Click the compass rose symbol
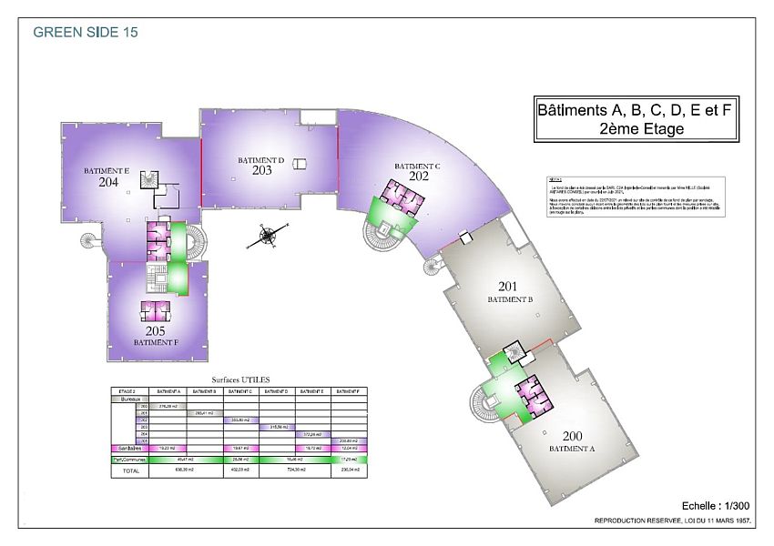(x=269, y=237)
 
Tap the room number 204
(x=108, y=182)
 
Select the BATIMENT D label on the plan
(x=261, y=160)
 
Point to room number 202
(x=419, y=177)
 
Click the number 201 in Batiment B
(x=507, y=287)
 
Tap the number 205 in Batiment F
(x=155, y=331)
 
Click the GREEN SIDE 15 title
(x=86, y=32)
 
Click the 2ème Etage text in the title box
(x=636, y=129)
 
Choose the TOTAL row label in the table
(x=132, y=471)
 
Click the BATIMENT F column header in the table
(x=351, y=390)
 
